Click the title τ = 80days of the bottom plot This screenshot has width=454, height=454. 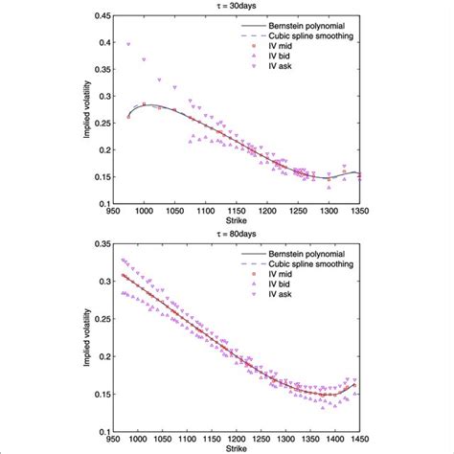pos(228,232)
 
